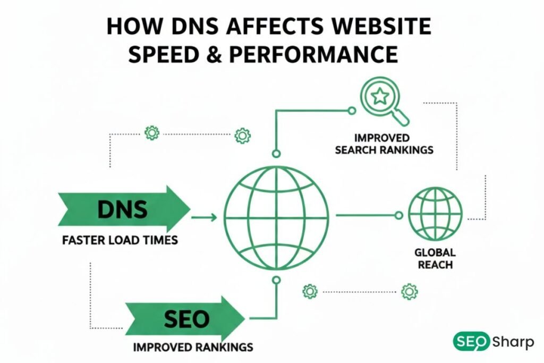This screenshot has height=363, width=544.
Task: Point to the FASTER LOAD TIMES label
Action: (x=120, y=240)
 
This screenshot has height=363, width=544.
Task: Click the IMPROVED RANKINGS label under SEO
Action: (x=193, y=348)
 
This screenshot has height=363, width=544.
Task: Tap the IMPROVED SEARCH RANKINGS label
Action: (x=384, y=143)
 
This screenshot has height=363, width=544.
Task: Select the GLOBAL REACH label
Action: (x=434, y=258)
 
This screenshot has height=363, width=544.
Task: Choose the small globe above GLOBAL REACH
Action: (x=435, y=215)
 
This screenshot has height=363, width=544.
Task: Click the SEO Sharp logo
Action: (x=493, y=342)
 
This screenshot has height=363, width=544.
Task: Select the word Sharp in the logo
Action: (x=513, y=342)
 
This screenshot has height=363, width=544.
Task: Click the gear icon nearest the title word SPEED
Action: (x=152, y=132)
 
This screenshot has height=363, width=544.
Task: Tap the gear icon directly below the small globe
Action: (x=409, y=291)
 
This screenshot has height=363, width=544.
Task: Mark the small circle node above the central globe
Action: (x=276, y=154)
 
